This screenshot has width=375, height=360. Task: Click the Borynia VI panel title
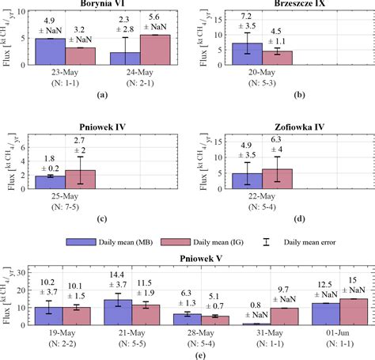pos(100,4)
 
